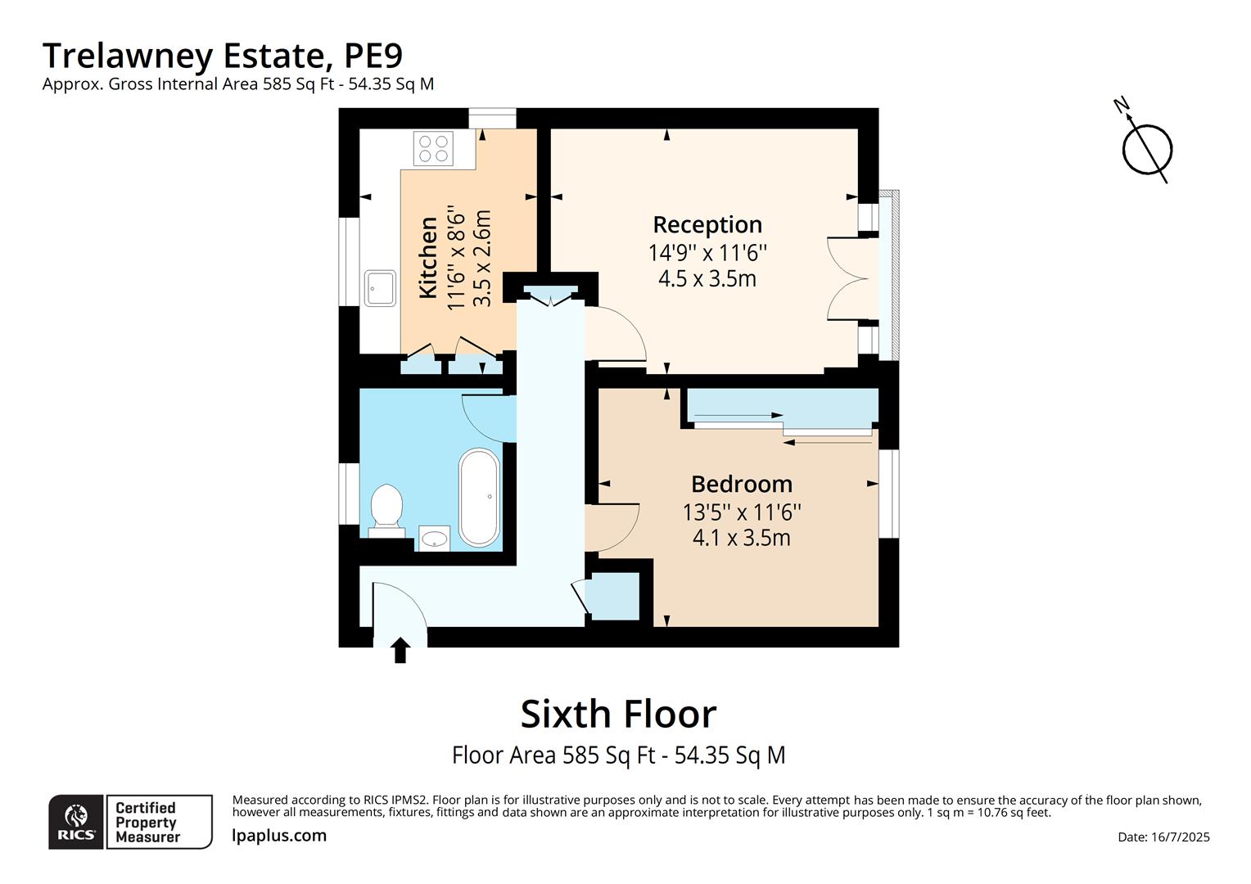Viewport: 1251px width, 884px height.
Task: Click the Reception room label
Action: (x=707, y=224)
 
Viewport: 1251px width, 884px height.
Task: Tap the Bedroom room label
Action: (x=741, y=484)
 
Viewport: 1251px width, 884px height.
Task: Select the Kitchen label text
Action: (x=428, y=257)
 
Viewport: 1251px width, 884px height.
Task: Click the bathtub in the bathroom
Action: (x=479, y=497)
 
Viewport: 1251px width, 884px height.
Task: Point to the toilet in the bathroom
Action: (x=386, y=508)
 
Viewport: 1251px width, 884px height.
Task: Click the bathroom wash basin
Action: (x=435, y=538)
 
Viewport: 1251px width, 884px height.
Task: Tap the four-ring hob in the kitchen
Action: (x=434, y=149)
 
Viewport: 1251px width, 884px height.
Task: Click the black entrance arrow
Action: (x=400, y=651)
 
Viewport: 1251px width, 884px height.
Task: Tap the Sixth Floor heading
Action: (x=618, y=714)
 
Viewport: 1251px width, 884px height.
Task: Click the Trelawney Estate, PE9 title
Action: (x=223, y=56)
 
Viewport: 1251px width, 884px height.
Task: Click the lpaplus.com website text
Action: (x=279, y=836)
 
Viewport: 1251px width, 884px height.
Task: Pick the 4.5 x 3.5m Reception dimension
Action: (x=707, y=279)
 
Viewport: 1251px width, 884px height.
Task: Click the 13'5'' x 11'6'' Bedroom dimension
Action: (x=741, y=512)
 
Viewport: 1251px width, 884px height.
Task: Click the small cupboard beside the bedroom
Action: (x=614, y=597)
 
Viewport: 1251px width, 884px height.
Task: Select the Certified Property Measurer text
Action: (x=147, y=822)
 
